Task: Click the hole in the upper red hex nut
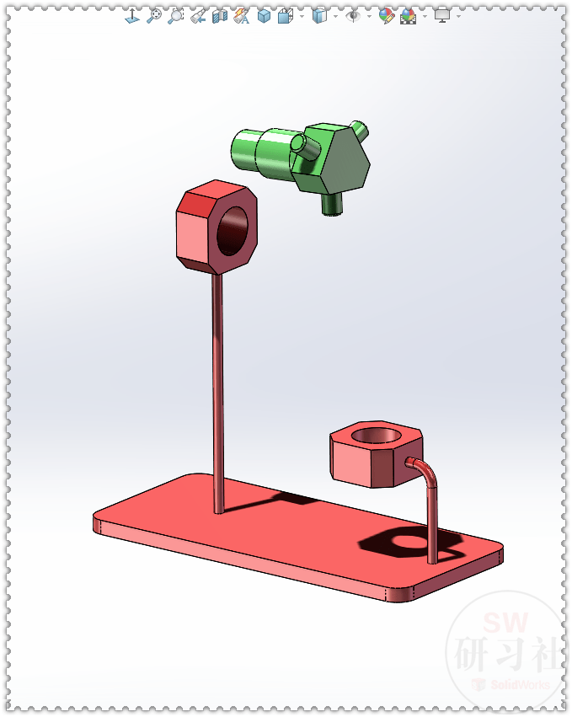(x=234, y=230)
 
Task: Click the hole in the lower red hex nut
(x=376, y=436)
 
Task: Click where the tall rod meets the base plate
(x=219, y=508)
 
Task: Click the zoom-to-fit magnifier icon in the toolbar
(x=153, y=15)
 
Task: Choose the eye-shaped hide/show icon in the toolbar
(x=353, y=15)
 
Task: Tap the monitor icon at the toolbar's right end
(x=442, y=15)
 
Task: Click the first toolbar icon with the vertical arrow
(x=132, y=15)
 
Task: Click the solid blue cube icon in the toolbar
(x=264, y=15)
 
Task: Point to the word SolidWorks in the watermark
(x=519, y=684)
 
